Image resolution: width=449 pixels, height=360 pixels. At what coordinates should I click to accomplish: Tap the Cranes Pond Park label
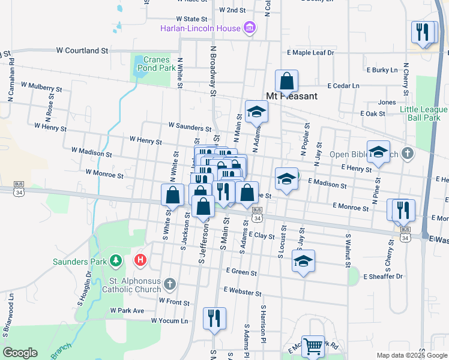coord(155,64)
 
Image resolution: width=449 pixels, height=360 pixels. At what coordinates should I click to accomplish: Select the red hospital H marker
coord(140,260)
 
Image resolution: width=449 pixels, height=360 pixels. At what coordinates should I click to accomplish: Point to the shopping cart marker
coord(313,346)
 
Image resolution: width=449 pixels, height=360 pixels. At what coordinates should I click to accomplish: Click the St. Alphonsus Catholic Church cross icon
coord(170,283)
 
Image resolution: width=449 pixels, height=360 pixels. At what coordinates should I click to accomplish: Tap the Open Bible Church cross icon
coord(408,154)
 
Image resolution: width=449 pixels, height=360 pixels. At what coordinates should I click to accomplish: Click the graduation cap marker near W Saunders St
coord(257,112)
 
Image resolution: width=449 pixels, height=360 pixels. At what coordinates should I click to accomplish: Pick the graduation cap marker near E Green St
coord(303,261)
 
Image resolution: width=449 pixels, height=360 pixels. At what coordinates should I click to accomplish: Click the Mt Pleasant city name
coord(291,95)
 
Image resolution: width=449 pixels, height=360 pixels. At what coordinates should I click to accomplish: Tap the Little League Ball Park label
coord(424,113)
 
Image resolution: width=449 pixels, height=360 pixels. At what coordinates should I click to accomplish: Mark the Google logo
coord(20,353)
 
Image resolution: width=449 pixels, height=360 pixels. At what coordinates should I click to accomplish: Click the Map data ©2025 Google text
coord(411,355)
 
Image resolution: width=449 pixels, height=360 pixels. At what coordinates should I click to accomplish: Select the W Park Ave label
coord(127,311)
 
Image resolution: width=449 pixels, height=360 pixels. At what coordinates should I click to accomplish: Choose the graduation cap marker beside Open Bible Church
coord(378,152)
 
